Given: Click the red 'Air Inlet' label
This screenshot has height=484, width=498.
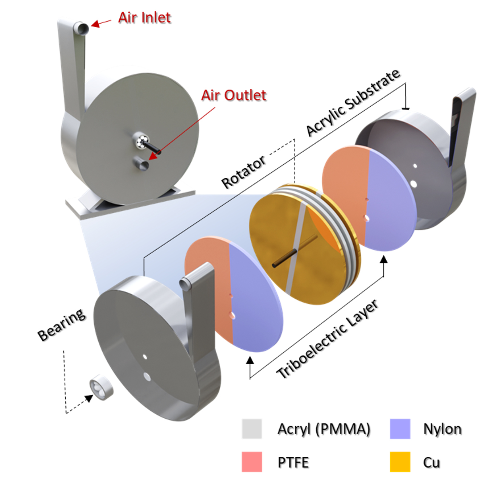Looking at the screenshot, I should (144, 17).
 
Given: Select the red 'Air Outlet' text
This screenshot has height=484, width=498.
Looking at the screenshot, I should (234, 95).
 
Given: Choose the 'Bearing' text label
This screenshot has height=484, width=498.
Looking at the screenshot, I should (62, 324).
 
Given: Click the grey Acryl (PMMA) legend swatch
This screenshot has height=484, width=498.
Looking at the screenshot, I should (252, 429).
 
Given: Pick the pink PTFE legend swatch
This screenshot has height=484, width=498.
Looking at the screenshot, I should (252, 462).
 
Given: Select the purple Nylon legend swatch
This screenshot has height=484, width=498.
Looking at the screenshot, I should (400, 429).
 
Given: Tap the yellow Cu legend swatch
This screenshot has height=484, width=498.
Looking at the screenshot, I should (400, 462).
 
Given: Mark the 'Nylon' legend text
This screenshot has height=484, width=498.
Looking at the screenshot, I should (442, 429).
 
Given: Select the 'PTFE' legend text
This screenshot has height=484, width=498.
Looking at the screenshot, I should (293, 463).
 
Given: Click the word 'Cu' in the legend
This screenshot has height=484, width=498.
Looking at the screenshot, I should (431, 463).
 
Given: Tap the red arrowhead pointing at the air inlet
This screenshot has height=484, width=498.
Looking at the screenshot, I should (95, 24).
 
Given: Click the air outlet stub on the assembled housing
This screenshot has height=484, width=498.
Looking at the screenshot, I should (143, 164).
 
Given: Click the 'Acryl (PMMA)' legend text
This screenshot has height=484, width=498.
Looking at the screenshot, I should (324, 429).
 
